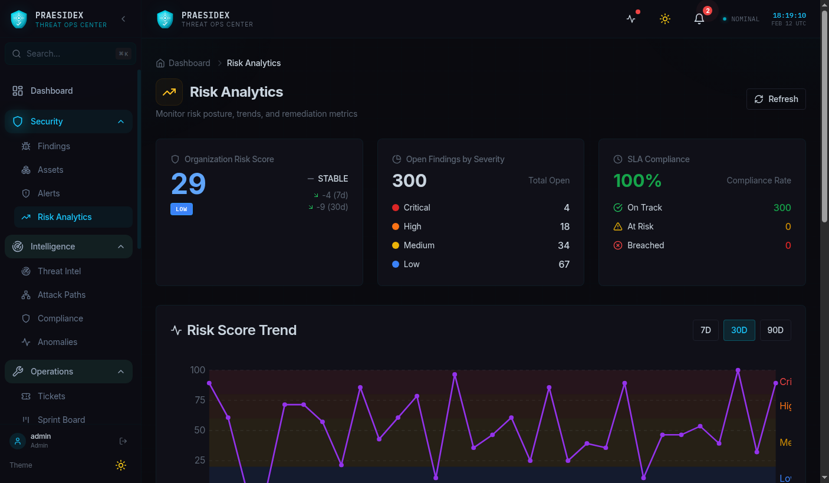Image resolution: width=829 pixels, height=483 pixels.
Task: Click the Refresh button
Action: pyautogui.click(x=776, y=99)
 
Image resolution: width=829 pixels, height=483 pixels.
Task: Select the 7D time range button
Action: pyautogui.click(x=706, y=330)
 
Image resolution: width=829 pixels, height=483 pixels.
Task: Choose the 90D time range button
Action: pyautogui.click(x=775, y=330)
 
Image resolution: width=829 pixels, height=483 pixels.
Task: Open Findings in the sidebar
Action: pyautogui.click(x=54, y=146)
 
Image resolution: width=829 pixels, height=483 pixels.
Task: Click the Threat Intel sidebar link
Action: pyautogui.click(x=59, y=271)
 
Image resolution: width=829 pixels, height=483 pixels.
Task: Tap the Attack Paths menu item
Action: pyautogui.click(x=61, y=295)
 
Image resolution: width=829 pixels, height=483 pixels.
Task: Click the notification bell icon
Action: pyautogui.click(x=699, y=19)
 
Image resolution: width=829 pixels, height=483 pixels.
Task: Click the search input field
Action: pyautogui.click(x=70, y=54)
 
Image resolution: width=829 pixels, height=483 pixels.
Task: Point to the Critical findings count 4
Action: pyautogui.click(x=566, y=208)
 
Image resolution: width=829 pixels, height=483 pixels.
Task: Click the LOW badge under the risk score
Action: pyautogui.click(x=182, y=209)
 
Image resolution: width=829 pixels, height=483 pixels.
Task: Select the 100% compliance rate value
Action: pyautogui.click(x=637, y=180)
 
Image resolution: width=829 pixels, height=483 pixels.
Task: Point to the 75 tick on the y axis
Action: pyautogui.click(x=200, y=400)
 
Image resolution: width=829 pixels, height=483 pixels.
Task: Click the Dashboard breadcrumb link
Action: pyautogui.click(x=189, y=63)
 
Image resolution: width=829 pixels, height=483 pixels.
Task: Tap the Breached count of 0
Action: pyautogui.click(x=788, y=245)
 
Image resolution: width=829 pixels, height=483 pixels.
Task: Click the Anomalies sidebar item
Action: pyautogui.click(x=57, y=342)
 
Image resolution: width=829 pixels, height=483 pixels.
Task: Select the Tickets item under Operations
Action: pyautogui.click(x=51, y=396)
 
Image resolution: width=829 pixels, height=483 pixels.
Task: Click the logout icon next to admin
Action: pyautogui.click(x=123, y=441)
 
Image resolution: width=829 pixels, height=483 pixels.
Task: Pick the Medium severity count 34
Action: pyautogui.click(x=564, y=245)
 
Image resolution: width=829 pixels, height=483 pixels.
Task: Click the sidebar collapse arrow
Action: pyautogui.click(x=123, y=19)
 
